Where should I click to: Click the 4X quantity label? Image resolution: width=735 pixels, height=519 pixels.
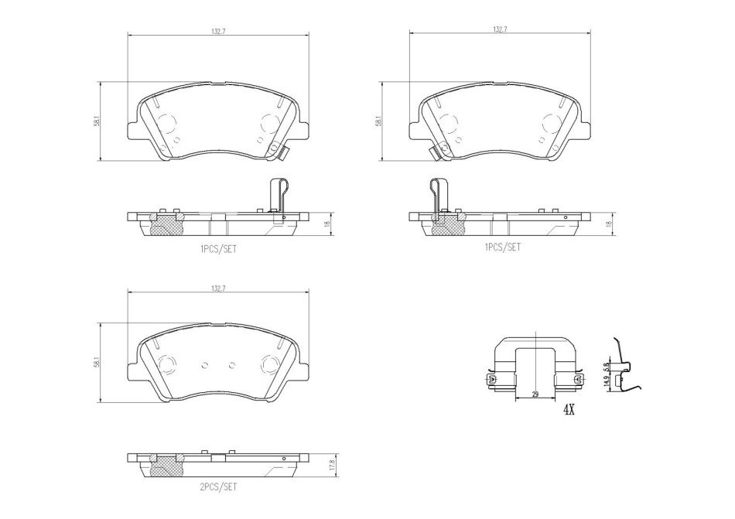(569, 411)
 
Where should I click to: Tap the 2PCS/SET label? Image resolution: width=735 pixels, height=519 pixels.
(218, 487)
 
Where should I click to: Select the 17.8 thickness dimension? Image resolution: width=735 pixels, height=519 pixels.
(332, 465)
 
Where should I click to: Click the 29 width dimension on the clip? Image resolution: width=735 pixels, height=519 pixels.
(535, 395)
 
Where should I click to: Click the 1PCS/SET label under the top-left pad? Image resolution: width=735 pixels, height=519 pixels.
(218, 249)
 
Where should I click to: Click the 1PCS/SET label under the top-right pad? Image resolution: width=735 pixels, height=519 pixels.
(502, 247)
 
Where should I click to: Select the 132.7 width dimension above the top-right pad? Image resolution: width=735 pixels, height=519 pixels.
(500, 29)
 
